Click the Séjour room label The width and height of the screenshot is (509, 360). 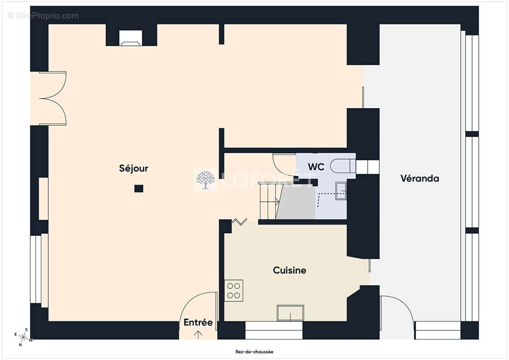click(133, 168)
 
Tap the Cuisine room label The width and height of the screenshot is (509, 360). click(289, 270)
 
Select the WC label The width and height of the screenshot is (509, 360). click(316, 167)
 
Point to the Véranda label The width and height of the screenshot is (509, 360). click(420, 178)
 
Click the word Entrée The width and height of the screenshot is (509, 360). click(198, 322)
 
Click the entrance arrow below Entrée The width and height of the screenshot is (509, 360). click(198, 334)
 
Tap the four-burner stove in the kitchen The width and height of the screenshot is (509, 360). click(234, 291)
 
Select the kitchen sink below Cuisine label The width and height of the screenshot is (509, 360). click(290, 313)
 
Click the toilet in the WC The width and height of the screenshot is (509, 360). click(343, 166)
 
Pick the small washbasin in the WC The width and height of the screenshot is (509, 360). click(341, 191)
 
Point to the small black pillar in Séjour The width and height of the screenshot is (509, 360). click(139, 188)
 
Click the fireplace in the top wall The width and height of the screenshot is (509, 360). click(131, 38)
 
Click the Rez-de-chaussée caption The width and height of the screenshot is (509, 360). click(255, 351)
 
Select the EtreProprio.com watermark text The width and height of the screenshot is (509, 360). click(43, 16)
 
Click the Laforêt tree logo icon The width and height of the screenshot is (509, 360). click(205, 180)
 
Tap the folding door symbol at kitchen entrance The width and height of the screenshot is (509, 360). click(239, 222)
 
